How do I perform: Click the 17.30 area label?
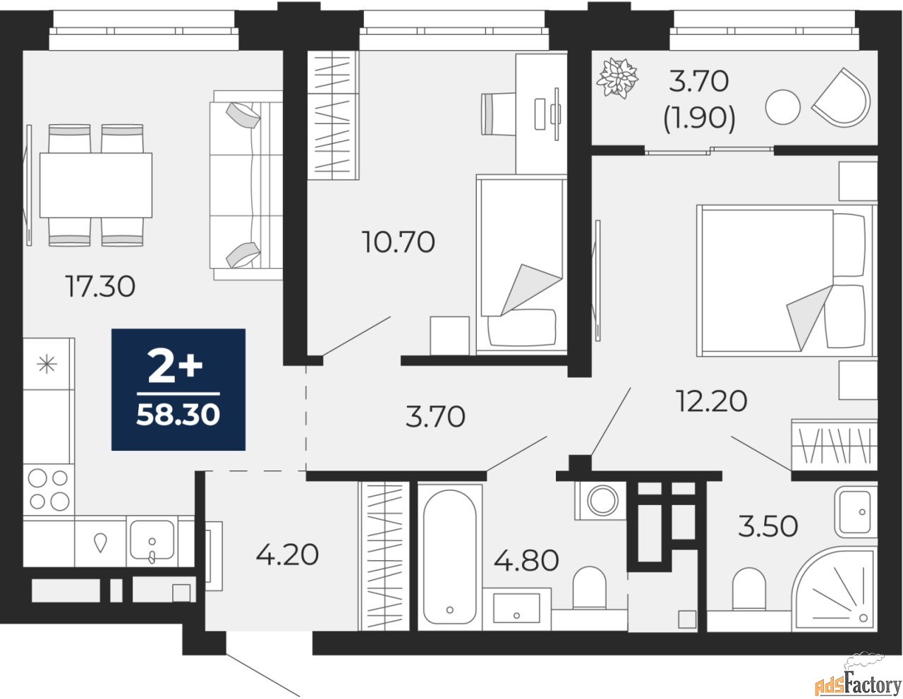[100, 286]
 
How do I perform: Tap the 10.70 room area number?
[399, 242]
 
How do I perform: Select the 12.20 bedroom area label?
[712, 401]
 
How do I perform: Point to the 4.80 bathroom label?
[526, 560]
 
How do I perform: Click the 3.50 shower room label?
[768, 525]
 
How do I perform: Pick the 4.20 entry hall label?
[287, 555]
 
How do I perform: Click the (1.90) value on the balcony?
[699, 118]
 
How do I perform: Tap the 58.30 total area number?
[178, 415]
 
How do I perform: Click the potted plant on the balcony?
[617, 78]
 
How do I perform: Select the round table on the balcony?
[783, 107]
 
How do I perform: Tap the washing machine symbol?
[601, 501]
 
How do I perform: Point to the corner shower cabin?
[835, 590]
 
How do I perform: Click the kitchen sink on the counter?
[152, 540]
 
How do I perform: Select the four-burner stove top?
[49, 490]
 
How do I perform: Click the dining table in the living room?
[96, 186]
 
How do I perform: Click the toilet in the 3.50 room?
[749, 590]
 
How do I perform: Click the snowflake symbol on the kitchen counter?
[47, 364]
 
